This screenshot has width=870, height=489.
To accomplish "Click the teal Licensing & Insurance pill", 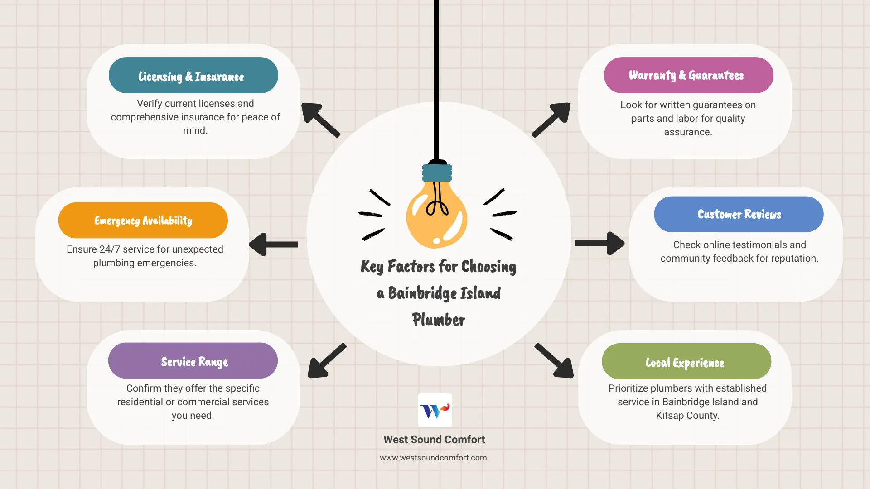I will point(193,75).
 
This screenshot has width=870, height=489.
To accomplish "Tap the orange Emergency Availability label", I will point(143,221).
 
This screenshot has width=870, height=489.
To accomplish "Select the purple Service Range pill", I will point(193,361).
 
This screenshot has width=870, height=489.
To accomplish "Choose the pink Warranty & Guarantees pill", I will point(688,75).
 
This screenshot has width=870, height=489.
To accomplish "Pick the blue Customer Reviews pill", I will point(739,214).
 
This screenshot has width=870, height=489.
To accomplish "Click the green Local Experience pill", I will point(686,362).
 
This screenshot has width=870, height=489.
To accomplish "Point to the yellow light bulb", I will point(436,217).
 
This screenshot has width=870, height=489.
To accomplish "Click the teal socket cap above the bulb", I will point(437,173).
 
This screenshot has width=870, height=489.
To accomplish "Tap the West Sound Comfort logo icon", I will point(435,410).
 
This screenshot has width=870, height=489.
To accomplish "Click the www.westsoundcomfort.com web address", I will point(433,458).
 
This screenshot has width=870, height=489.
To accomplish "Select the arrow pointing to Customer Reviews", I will point(600,244).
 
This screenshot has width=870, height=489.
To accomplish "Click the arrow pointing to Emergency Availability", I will point(273,244).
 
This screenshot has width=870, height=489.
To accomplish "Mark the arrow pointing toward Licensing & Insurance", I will point(320,120).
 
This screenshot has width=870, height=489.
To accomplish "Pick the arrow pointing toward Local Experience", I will point(555,360).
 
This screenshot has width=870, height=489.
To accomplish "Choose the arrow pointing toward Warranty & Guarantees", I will point(551,120).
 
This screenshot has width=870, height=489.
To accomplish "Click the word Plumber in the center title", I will point(439,320).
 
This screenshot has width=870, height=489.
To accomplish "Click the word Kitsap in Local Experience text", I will point(669,416).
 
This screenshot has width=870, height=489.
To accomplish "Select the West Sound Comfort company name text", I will point(434,440).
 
